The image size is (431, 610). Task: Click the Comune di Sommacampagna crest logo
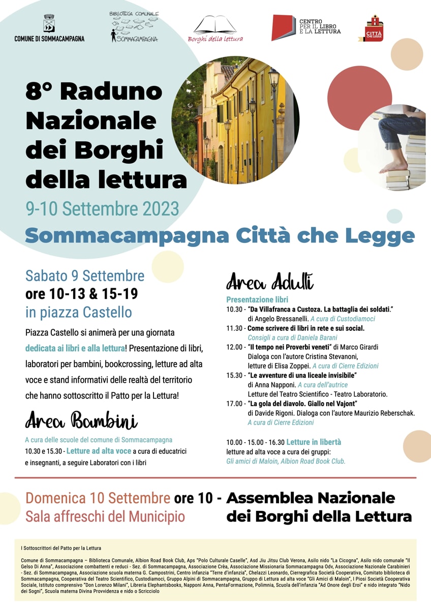pyautogui.click(x=49, y=23)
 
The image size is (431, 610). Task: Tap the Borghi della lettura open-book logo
pyautogui.click(x=216, y=25)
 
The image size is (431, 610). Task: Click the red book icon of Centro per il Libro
pyautogui.click(x=283, y=27)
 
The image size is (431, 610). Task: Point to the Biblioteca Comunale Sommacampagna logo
pyautogui.click(x=134, y=26)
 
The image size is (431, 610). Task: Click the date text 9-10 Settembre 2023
pyautogui.click(x=102, y=208)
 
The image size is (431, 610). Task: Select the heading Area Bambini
pyautogui.click(x=81, y=421)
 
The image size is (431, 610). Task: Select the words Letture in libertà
pyautogui.click(x=314, y=442)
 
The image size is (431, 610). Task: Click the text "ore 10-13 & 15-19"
pyautogui.click(x=81, y=294)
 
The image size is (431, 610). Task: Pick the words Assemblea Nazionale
pyautogui.click(x=310, y=497)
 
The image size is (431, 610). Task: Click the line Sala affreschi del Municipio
pyautogui.click(x=105, y=517)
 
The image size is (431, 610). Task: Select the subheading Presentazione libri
pyautogui.click(x=257, y=299)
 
